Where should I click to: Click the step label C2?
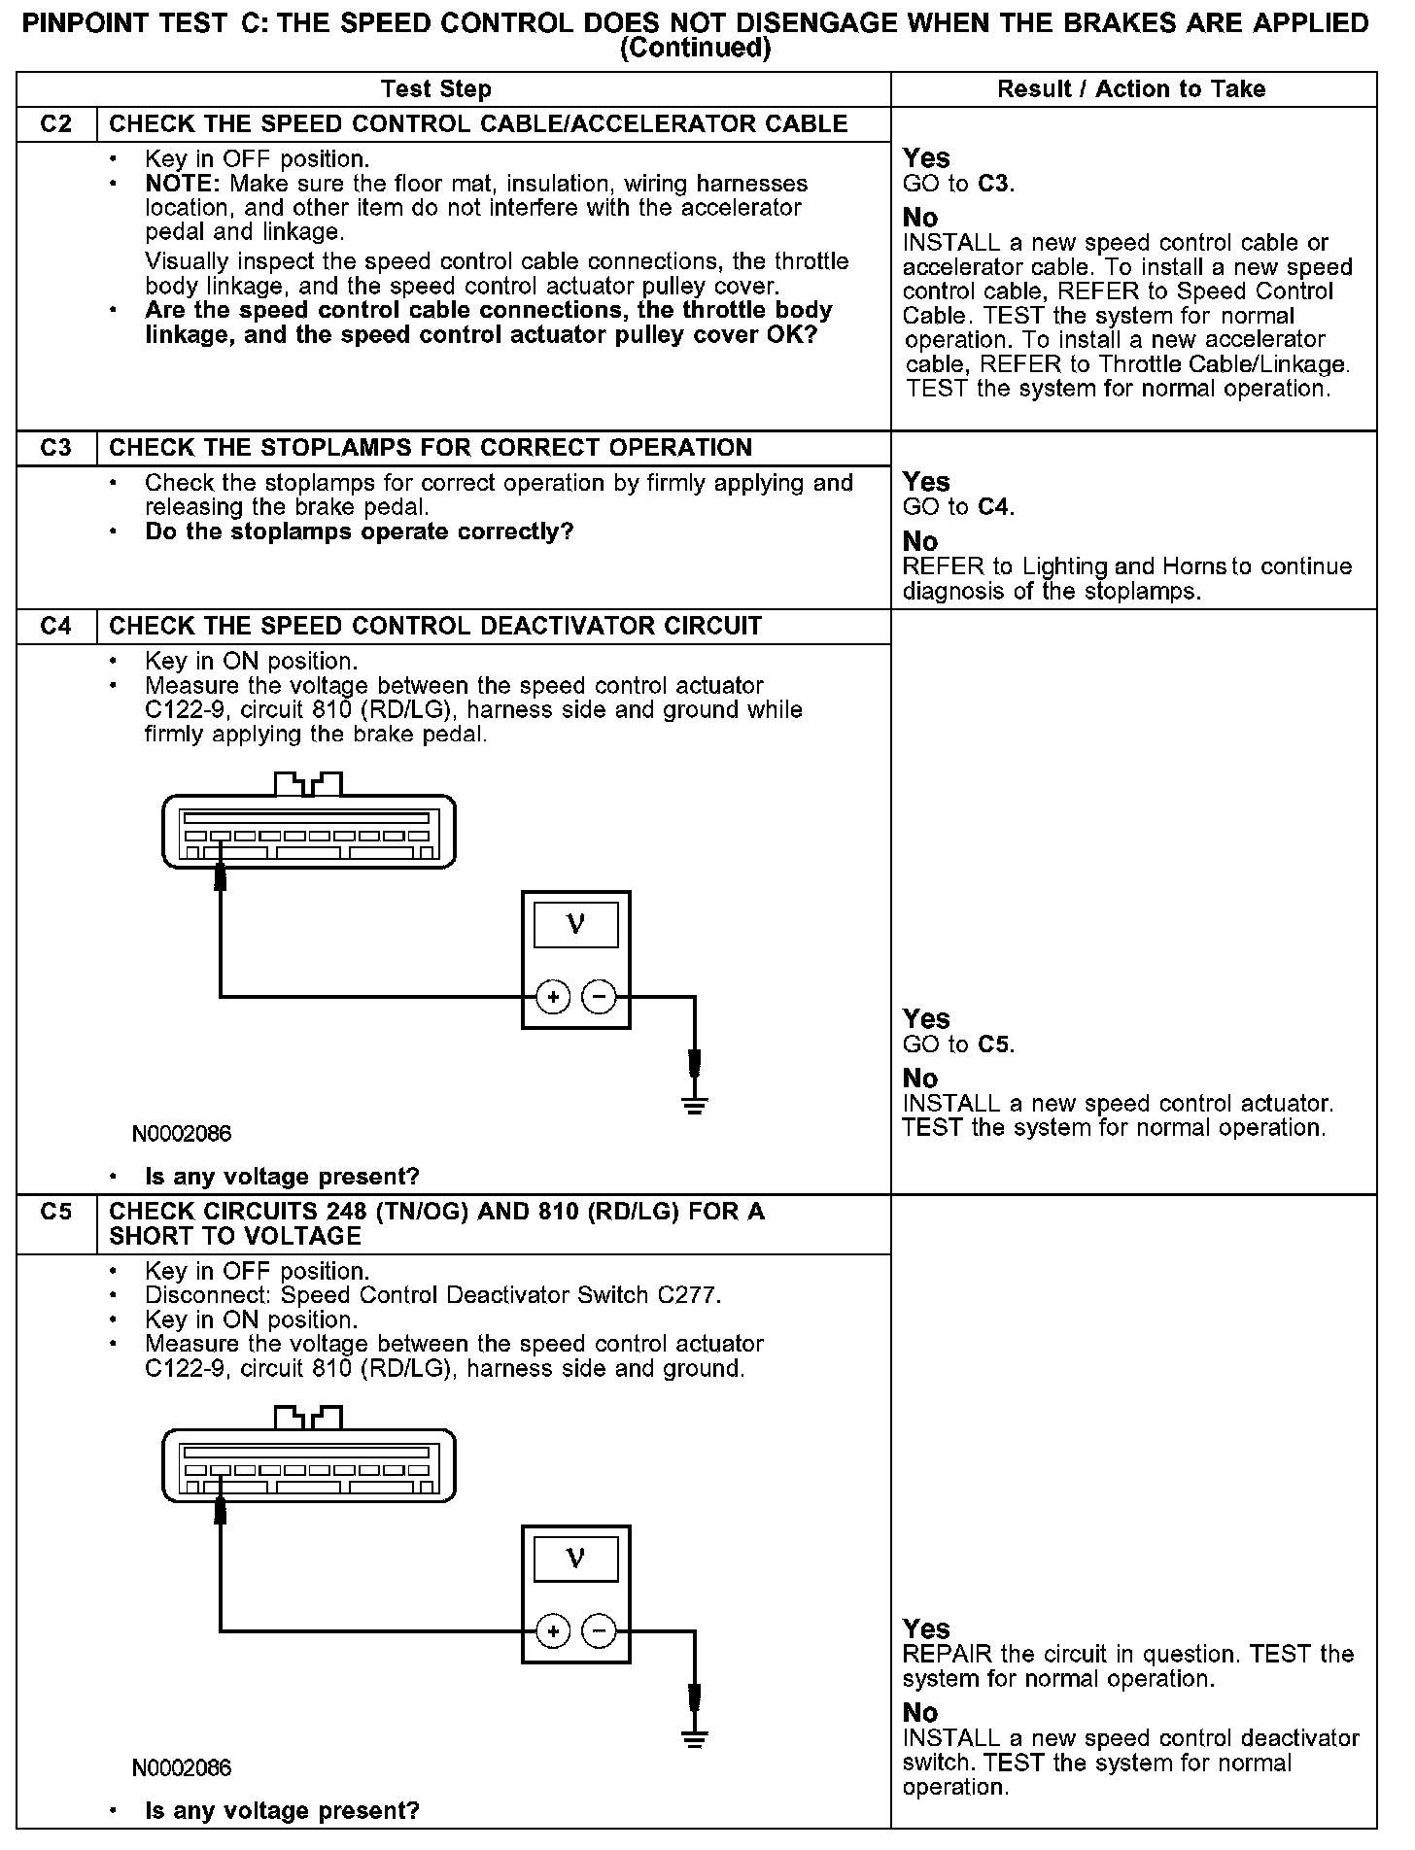pyautogui.click(x=56, y=124)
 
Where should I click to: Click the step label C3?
pyautogui.click(x=56, y=448)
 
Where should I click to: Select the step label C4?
pyautogui.click(x=56, y=626)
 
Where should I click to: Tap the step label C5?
pyautogui.click(x=56, y=1213)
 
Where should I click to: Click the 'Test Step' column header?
pyautogui.click(x=436, y=89)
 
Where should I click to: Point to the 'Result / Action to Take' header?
pyautogui.click(x=1131, y=89)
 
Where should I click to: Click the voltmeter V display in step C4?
pyautogui.click(x=575, y=924)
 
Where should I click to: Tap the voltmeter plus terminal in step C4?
pyautogui.click(x=553, y=997)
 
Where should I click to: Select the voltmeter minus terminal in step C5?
pyautogui.click(x=599, y=1630)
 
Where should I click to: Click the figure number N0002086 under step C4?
pyautogui.click(x=182, y=1134)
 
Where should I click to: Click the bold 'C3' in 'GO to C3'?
pyautogui.click(x=995, y=184)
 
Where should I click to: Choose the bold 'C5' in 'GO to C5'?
pyautogui.click(x=995, y=1045)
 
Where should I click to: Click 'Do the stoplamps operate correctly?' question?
pyautogui.click(x=359, y=532)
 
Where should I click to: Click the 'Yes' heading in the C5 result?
pyautogui.click(x=926, y=1628)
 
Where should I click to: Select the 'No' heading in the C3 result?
pyautogui.click(x=920, y=541)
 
